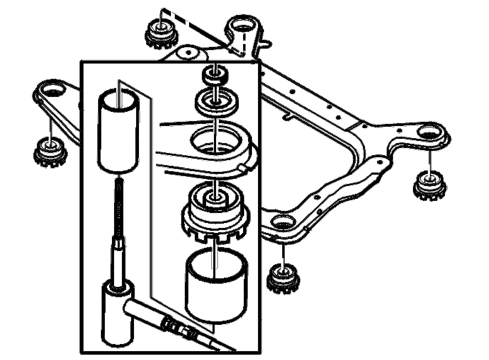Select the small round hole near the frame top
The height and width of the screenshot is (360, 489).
[x=188, y=53]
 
